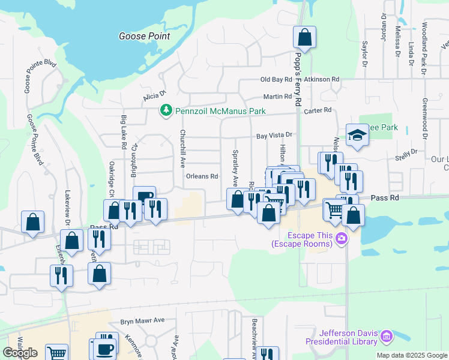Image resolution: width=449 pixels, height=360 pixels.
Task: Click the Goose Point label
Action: (x=144, y=36)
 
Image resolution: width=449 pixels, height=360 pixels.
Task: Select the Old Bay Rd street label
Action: (x=276, y=79)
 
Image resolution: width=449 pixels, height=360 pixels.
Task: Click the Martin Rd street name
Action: (x=277, y=97)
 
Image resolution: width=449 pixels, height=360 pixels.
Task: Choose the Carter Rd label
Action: (x=318, y=110)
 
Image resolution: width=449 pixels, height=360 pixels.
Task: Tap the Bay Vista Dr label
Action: (x=274, y=136)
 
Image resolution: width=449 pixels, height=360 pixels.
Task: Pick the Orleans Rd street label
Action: (x=201, y=176)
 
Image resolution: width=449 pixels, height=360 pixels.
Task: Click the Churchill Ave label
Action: (x=183, y=149)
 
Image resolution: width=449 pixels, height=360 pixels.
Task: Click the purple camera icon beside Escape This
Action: (x=342, y=239)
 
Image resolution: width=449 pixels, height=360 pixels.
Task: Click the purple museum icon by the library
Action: (x=387, y=337)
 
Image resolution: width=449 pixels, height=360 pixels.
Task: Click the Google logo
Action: (x=20, y=352)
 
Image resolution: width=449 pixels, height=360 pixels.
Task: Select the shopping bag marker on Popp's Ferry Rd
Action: (x=305, y=38)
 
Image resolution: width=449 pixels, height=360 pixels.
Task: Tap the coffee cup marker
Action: (x=105, y=349)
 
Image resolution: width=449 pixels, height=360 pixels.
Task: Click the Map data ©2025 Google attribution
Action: (x=411, y=355)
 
